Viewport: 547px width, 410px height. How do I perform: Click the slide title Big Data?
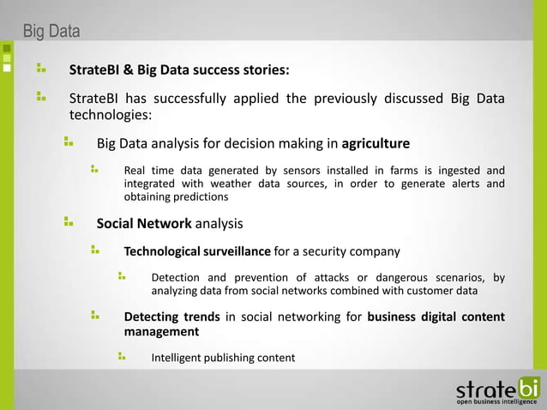51,33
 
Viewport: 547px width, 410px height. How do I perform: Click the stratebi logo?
497,387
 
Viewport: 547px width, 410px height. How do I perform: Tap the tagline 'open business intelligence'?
497,401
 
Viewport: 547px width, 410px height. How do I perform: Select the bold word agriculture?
376,142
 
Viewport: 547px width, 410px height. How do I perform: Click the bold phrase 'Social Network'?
144,224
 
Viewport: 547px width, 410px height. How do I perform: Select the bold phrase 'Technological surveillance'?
197,251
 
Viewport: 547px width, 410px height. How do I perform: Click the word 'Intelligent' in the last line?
177,358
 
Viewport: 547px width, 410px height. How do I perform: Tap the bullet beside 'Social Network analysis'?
69,222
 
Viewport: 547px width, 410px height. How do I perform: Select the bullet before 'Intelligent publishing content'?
123,355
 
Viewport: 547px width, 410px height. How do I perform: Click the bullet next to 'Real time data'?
95,168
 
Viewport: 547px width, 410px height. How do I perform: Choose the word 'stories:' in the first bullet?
266,69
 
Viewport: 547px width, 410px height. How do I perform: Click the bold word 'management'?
161,331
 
